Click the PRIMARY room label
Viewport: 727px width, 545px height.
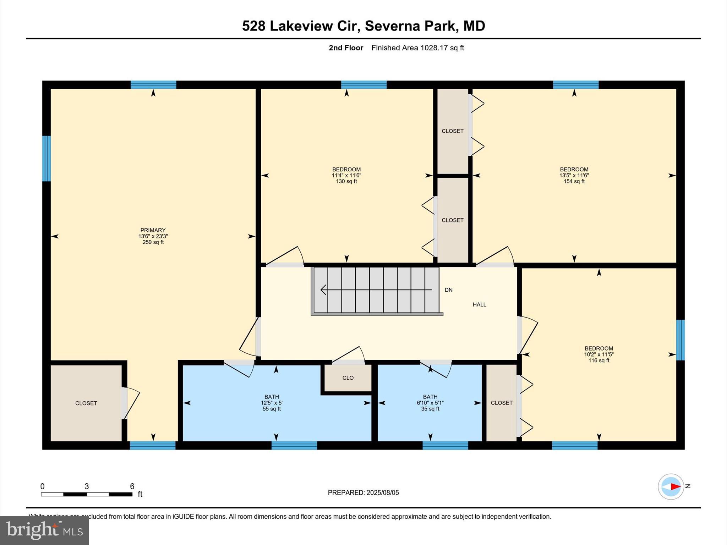point(153,230)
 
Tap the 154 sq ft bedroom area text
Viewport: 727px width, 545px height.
point(574,181)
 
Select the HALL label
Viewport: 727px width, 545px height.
point(479,304)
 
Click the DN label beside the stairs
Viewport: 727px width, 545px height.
point(448,290)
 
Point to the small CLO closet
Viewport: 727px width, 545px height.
point(348,378)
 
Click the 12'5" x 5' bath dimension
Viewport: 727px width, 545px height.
point(272,403)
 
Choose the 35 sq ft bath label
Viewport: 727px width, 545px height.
point(430,409)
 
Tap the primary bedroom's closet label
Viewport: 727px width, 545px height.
point(86,403)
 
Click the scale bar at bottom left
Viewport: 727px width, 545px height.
point(87,494)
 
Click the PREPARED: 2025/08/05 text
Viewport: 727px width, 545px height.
point(363,492)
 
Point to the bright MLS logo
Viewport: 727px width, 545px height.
point(44,530)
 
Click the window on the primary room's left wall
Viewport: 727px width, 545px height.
point(47,159)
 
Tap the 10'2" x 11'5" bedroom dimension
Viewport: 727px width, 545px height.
point(599,354)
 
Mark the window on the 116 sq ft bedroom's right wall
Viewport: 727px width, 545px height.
point(680,340)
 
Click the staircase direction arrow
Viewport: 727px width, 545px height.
point(376,290)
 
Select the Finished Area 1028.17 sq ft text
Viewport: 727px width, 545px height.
point(417,48)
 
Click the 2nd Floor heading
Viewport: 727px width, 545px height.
point(346,48)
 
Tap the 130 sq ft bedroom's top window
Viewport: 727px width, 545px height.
point(363,85)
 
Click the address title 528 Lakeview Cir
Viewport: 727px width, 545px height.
point(363,26)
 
